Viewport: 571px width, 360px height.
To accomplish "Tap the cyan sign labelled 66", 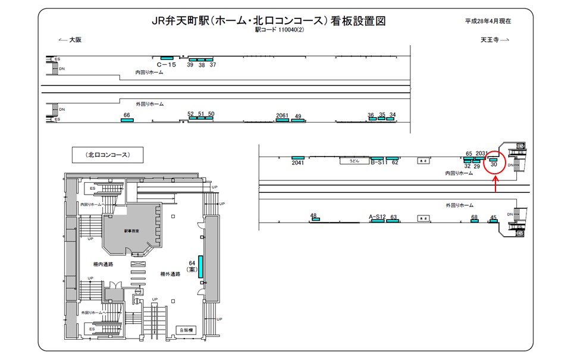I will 127,120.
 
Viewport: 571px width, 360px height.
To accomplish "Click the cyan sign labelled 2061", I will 282,120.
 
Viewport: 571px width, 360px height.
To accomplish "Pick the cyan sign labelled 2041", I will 298,158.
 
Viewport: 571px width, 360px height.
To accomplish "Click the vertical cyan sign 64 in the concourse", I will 200,266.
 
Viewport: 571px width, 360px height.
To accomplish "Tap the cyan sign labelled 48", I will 315,220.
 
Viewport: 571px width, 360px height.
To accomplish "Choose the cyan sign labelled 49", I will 298,120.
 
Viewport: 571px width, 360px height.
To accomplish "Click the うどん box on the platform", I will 354,161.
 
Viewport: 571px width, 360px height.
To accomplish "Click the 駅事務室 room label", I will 131,230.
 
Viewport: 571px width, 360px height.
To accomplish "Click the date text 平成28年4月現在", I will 488,21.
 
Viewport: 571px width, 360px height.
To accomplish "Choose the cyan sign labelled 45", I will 493,221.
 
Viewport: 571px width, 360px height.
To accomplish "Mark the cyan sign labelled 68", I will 474,221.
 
